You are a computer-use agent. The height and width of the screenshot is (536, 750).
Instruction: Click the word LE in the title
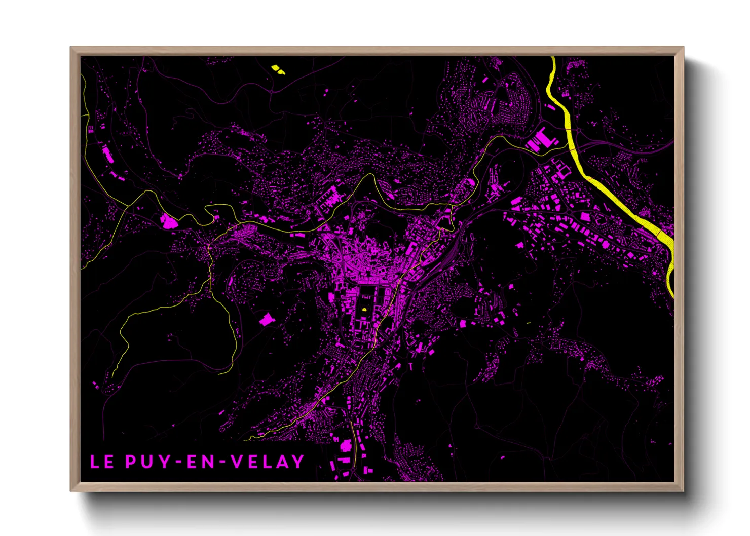coord(101,462)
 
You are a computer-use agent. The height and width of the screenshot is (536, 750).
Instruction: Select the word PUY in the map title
coord(146,462)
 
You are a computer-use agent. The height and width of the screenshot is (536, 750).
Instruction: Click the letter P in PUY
coord(130,462)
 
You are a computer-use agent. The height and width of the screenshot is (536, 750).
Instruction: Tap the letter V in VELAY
coord(237,462)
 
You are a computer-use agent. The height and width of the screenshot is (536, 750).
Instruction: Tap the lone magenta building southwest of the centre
coord(266,319)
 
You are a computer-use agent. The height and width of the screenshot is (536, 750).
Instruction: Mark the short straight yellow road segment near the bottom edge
coord(354,441)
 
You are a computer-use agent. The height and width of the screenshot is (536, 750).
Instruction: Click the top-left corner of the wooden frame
coord(71,48)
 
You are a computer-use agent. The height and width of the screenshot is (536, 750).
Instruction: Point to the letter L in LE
coord(94,462)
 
